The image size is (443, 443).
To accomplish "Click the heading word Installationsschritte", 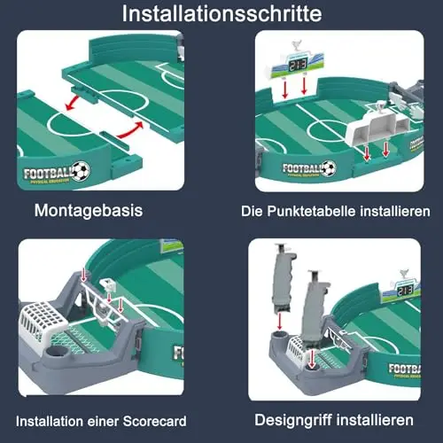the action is click(221, 13).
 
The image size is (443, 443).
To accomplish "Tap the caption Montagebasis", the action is click(89, 211).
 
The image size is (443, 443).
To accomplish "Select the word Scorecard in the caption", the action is click(154, 421).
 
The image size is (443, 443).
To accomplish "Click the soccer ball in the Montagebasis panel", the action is click(81, 171).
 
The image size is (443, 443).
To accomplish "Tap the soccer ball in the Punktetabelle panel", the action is click(329, 168).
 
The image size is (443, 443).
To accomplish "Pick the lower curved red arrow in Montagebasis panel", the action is click(131, 130).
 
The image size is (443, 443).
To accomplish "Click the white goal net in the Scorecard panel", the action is click(43, 322).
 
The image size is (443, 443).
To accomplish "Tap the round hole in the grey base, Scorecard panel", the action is click(58, 352).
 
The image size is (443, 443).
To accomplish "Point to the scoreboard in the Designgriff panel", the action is click(401, 291).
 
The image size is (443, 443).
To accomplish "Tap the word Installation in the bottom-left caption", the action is click(50, 421).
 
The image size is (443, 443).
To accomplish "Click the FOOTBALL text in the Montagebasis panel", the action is click(48, 174).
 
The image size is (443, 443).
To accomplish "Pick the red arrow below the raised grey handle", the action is click(280, 321).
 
